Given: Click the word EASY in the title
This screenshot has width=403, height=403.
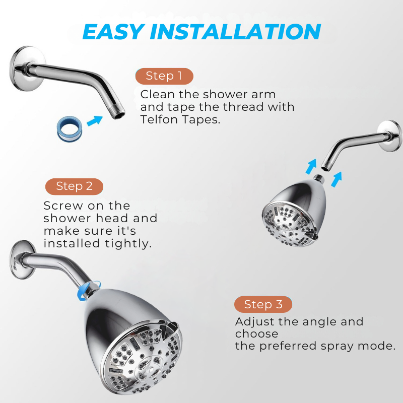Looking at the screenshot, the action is pyautogui.click(x=113, y=32).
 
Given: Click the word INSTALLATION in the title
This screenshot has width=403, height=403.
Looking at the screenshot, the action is pyautogui.click(x=235, y=32).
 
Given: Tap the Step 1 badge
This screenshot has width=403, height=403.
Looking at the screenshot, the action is pyautogui.click(x=164, y=76).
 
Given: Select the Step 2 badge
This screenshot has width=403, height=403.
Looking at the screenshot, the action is pyautogui.click(x=74, y=186).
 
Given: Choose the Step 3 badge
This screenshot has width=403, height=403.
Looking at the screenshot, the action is pyautogui.click(x=263, y=304).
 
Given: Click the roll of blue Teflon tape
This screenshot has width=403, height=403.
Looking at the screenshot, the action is pyautogui.click(x=70, y=129).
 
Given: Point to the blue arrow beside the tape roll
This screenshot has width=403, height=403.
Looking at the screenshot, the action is pyautogui.click(x=95, y=120).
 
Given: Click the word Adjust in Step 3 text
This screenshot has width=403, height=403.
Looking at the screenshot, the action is pyautogui.click(x=254, y=322).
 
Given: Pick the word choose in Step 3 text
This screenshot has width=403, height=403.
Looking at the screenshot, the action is pyautogui.click(x=256, y=334).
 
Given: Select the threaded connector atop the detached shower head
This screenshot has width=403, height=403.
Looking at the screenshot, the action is pyautogui.click(x=319, y=178).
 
